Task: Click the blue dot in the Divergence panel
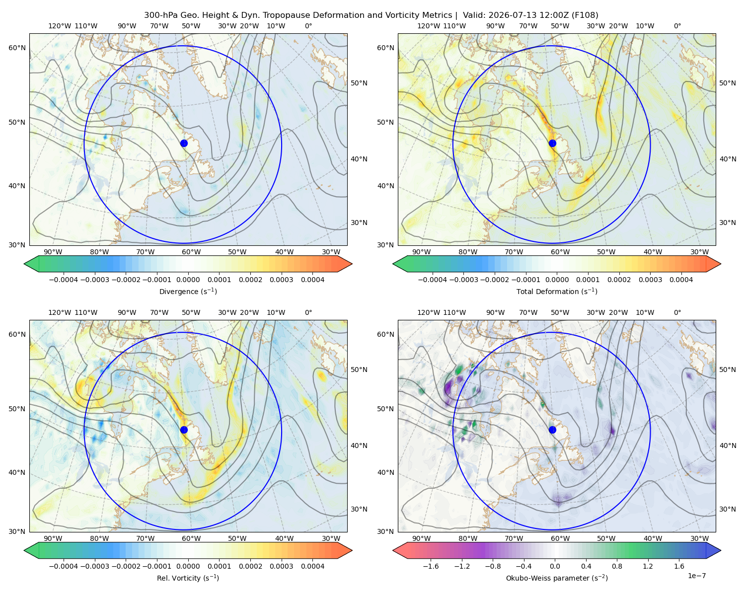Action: (x=184, y=143)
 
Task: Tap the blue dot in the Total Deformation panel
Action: (x=552, y=143)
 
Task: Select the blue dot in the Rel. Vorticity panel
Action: (x=184, y=430)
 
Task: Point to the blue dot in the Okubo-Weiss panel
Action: (x=552, y=430)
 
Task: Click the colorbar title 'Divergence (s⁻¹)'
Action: (x=188, y=291)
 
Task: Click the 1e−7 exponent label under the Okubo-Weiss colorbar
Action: (x=696, y=576)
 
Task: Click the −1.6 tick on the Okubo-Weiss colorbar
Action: (x=431, y=566)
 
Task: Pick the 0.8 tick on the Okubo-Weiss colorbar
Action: (x=617, y=566)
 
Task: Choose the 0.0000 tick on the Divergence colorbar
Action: (x=188, y=280)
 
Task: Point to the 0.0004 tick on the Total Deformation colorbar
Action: (x=681, y=280)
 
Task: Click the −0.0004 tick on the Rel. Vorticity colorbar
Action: (x=64, y=566)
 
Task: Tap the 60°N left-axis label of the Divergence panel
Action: (x=17, y=48)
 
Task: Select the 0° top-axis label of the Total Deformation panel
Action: (x=677, y=26)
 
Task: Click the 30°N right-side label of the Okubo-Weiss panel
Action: (x=728, y=509)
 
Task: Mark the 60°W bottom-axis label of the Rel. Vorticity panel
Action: (x=191, y=538)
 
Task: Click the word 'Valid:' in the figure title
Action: (x=474, y=15)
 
